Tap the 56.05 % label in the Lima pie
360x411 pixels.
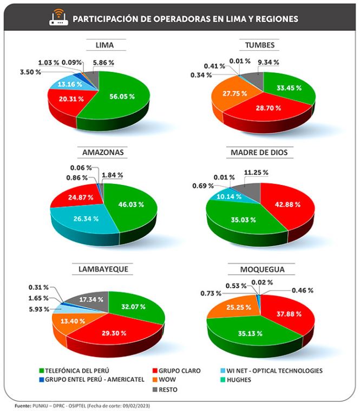pos(122,96)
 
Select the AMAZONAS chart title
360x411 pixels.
pos(103,153)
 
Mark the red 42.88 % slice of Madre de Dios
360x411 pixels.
pos(287,205)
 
